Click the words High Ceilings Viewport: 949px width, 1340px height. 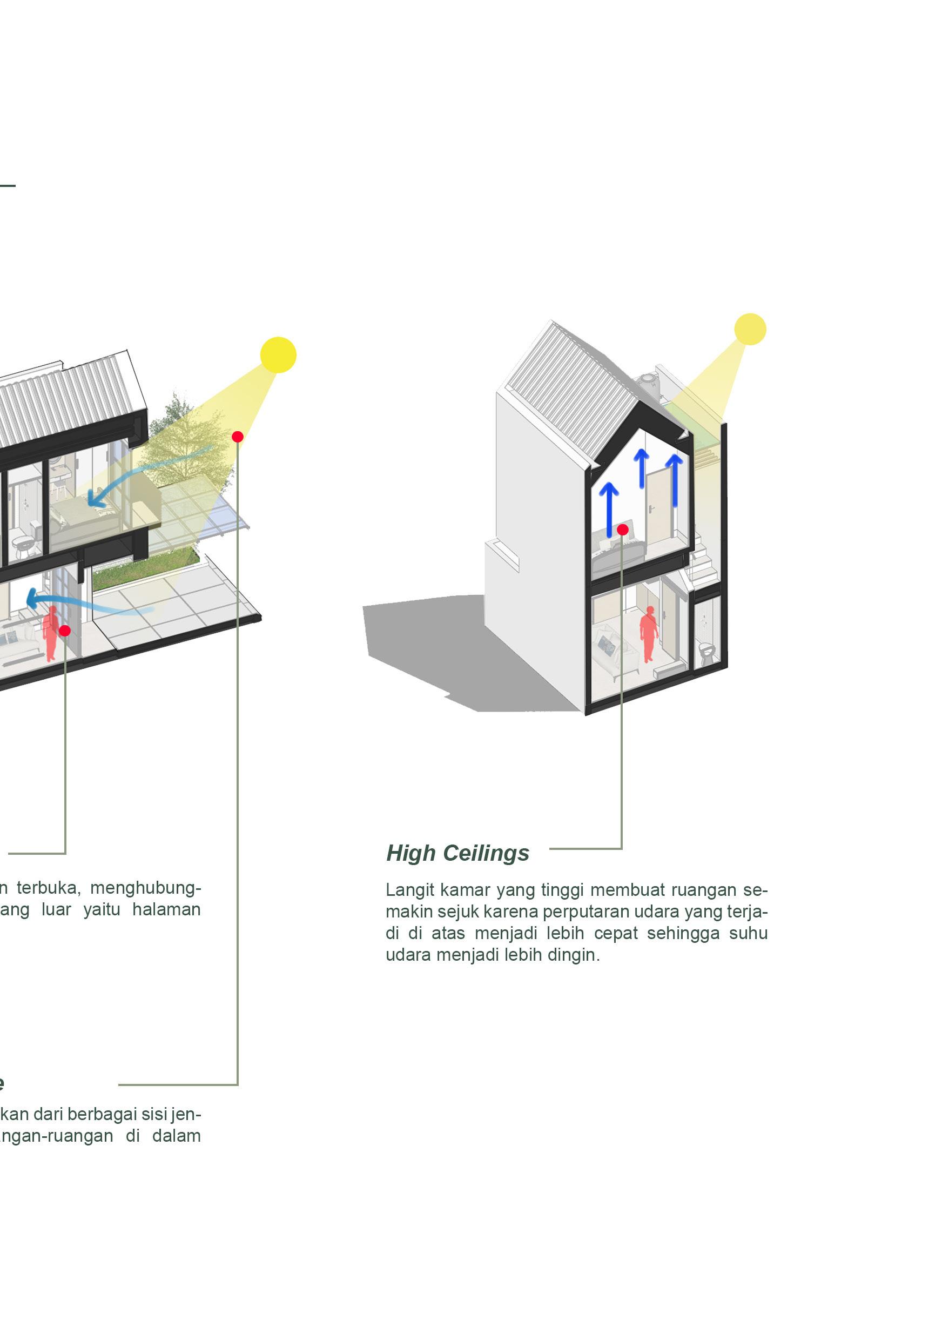coord(457,853)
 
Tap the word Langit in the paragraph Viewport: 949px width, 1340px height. coord(408,890)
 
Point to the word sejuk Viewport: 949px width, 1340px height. coord(457,912)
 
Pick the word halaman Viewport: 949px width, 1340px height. coord(166,909)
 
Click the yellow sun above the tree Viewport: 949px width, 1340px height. coord(278,355)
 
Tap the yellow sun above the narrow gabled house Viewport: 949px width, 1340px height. coord(750,329)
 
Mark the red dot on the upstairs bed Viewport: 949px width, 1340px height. coord(622,530)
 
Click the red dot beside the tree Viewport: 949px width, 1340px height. coord(237,437)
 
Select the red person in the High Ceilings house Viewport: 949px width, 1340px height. coord(648,634)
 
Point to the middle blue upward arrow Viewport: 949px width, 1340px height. coord(642,468)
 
